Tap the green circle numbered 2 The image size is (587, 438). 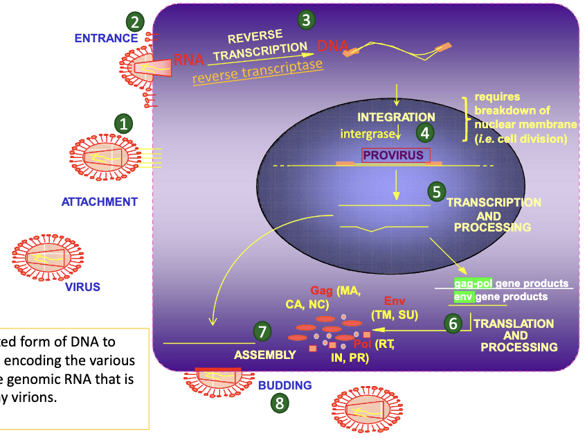coord(135,21)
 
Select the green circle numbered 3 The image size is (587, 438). coord(305,20)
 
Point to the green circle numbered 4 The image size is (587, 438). coord(424,132)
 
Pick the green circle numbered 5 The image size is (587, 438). coord(435,192)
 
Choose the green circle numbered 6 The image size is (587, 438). coord(453,323)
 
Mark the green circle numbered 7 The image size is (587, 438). coord(262,332)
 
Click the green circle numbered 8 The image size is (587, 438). coord(279,403)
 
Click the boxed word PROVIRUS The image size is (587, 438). coord(393,155)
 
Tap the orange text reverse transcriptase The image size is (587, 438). coord(258,71)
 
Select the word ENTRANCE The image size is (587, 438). coord(102,38)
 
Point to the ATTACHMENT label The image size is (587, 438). coord(100,202)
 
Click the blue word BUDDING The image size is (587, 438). coord(285,385)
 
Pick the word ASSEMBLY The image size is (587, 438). coord(264,355)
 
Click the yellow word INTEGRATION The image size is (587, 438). coord(396,117)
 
